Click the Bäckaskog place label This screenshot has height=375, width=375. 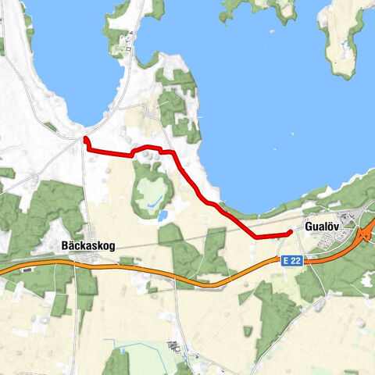[x=87, y=245]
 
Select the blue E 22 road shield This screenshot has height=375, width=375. [x=291, y=259]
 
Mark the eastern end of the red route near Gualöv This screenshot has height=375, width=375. [x=290, y=232]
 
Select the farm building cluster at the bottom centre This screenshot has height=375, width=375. [x=173, y=346]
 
